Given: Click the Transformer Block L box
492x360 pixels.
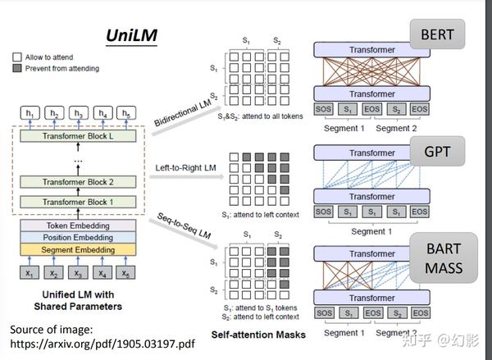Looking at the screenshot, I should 76,136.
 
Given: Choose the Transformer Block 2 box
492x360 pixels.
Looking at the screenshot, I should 76,181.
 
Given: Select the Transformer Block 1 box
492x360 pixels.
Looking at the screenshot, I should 76,201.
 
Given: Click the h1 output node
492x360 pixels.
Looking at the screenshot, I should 31,113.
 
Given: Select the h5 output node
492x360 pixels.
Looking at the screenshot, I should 126,113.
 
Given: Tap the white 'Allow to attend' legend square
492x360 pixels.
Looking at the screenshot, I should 17,58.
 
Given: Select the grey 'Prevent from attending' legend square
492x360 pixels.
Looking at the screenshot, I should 17,70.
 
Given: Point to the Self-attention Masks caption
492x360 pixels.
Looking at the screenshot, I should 258,335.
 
